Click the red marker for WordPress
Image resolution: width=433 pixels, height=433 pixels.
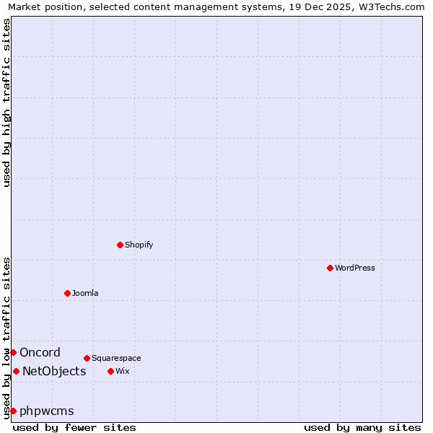[x=330, y=268]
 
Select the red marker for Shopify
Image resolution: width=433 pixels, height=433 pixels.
[x=120, y=245]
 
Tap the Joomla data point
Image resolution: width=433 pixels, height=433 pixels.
[x=67, y=293]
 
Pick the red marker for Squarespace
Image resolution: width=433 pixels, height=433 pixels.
[x=87, y=358]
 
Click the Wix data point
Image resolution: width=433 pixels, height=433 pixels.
[x=110, y=371]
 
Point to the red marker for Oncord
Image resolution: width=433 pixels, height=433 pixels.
[x=13, y=352]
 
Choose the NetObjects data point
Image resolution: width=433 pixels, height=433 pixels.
[x=16, y=371]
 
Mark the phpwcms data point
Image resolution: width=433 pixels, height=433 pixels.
[x=13, y=411]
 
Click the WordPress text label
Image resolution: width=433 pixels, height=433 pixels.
[x=354, y=268]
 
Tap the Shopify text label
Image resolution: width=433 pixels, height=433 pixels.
[x=139, y=245]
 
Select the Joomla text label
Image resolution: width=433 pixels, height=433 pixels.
[x=84, y=293]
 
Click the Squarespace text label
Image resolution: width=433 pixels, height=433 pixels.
[x=116, y=358]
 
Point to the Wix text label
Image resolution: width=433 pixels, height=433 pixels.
[x=122, y=371]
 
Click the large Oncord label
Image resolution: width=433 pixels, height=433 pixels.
[x=40, y=352]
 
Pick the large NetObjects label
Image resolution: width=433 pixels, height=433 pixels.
[x=54, y=371]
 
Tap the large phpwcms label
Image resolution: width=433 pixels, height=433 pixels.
[x=46, y=411]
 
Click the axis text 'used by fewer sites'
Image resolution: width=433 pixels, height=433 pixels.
[x=74, y=427]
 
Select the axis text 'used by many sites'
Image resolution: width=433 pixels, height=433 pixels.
[x=362, y=427]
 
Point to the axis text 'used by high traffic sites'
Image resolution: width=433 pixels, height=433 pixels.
[x=6, y=102]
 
